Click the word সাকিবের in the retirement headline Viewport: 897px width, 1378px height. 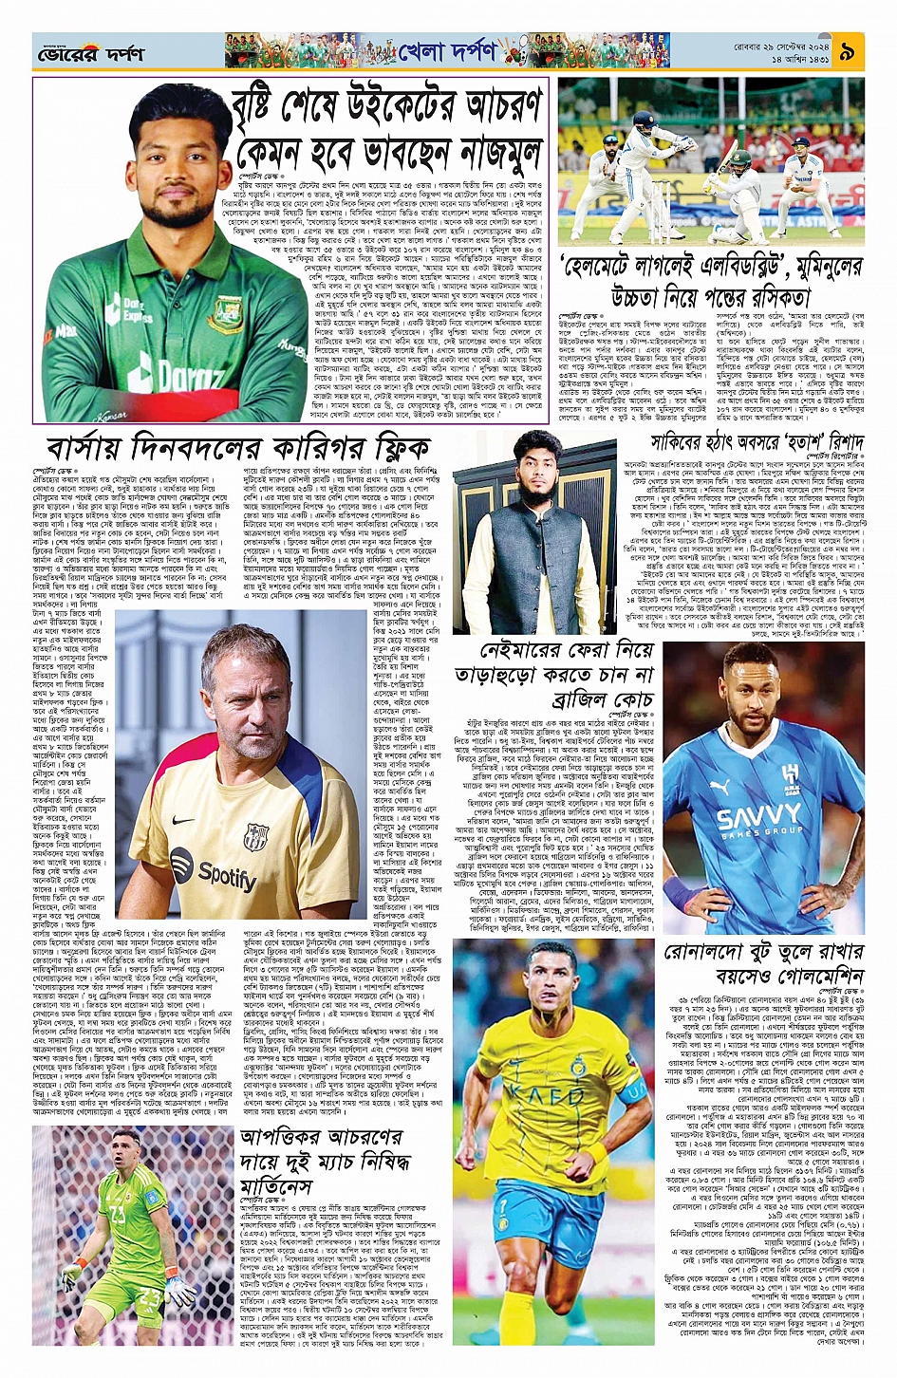coord(682,442)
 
